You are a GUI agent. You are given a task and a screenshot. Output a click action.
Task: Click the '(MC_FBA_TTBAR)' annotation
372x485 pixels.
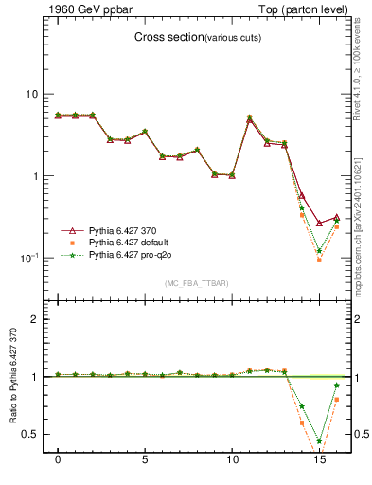pos(196,283)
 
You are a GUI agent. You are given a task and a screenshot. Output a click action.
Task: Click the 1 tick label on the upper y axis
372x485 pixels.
pos(34,176)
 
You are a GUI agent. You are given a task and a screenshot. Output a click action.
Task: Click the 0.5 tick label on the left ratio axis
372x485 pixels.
pos(30,434)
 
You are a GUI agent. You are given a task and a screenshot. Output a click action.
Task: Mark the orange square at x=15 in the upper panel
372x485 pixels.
pos(319,260)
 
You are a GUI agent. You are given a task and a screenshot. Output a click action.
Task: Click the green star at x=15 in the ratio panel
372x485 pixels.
pos(319,441)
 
